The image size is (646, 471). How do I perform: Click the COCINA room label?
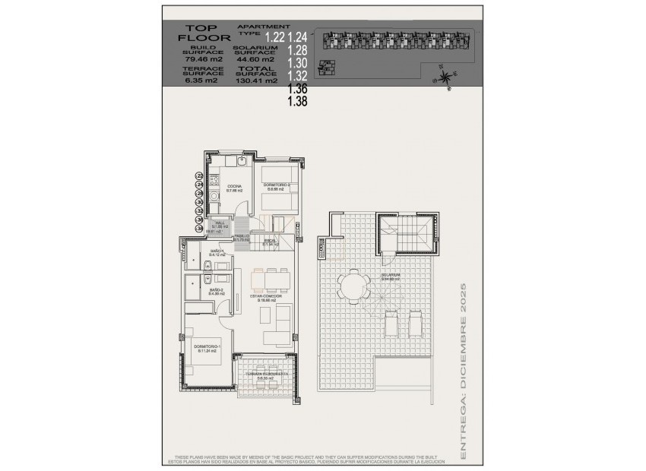coord(234,187)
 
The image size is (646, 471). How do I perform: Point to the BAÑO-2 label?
coord(217,290)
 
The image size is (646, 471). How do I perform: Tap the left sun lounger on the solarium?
coord(392,327)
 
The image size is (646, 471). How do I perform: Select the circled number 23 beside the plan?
coord(200,175)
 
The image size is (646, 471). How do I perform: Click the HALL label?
coord(220,223)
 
